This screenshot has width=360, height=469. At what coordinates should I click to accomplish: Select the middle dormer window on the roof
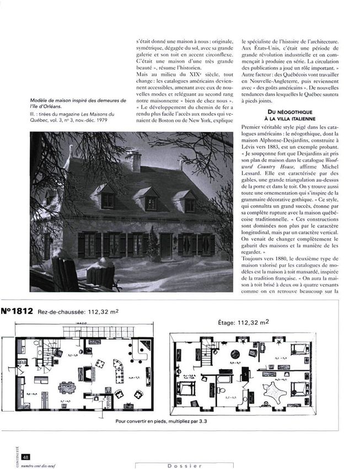(150, 201)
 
